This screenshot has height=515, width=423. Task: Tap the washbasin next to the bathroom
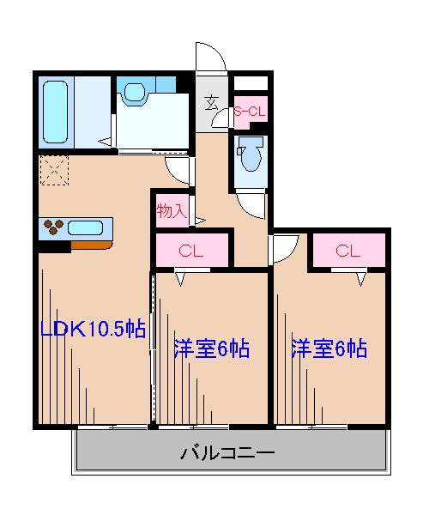coord(135,92)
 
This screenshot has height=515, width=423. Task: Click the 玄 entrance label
coord(211,105)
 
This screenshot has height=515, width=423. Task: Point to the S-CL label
coord(250,111)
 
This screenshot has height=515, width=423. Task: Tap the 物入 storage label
coord(172,209)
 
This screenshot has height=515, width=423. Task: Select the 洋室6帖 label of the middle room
coord(211,348)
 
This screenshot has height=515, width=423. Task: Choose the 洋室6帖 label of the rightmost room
coord(329,348)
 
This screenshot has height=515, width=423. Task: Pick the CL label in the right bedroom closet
coord(347,251)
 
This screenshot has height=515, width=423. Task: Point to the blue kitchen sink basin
coord(86,228)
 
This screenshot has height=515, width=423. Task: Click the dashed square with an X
coord(53,169)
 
